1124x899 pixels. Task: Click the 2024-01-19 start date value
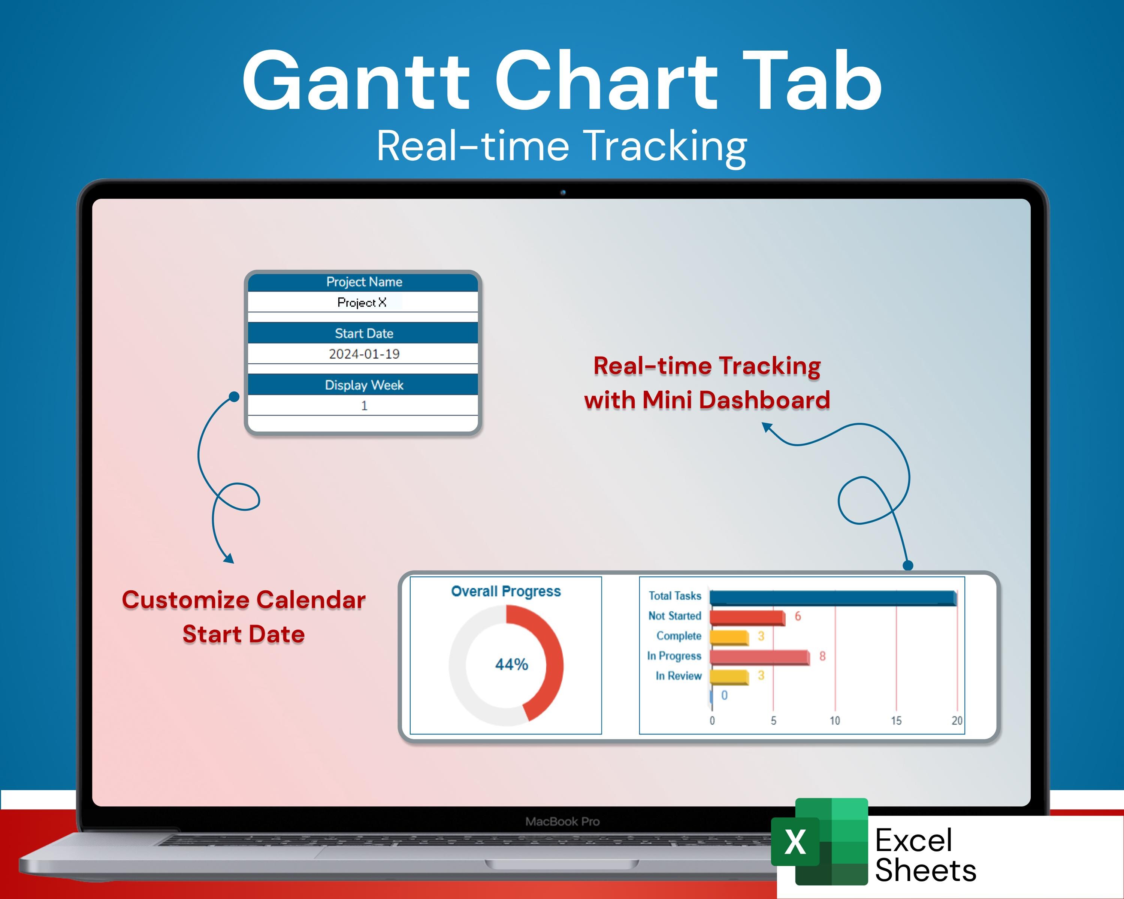tap(364, 354)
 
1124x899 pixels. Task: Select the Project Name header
tap(364, 282)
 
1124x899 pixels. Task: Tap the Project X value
tap(362, 302)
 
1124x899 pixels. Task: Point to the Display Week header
tap(364, 385)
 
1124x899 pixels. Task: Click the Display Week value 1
tap(364, 405)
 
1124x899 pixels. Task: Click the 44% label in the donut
tap(511, 665)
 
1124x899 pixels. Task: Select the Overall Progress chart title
tap(506, 591)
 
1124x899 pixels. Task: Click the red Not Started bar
tap(747, 618)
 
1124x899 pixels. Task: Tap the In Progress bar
tap(759, 657)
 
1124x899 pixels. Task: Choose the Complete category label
tap(679, 636)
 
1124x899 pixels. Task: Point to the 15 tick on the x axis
tap(896, 721)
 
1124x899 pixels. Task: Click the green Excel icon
tap(819, 841)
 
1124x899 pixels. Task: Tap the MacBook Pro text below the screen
tap(562, 822)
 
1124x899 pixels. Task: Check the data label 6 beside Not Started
tap(797, 617)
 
